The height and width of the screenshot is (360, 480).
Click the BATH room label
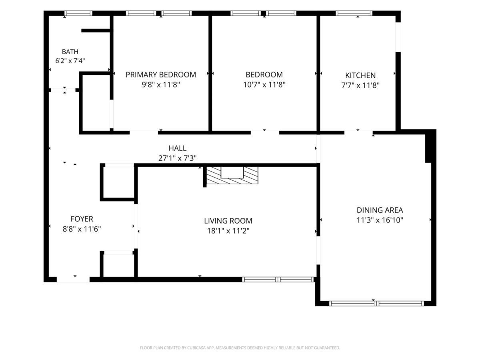70,52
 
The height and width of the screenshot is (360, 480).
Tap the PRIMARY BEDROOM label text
161,75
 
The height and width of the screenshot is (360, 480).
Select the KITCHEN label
360,76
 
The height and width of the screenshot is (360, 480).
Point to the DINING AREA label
380,210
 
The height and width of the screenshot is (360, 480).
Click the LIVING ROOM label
228,221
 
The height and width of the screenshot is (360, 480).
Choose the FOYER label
82,219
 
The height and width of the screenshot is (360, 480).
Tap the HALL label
177,148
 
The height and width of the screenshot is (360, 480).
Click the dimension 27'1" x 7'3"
177,158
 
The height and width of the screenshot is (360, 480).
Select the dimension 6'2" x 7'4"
70,60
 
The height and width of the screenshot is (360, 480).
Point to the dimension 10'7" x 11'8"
264,84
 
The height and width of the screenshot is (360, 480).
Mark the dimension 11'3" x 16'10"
380,220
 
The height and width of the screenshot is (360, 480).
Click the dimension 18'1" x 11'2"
228,231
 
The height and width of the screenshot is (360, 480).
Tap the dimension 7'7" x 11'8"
360,85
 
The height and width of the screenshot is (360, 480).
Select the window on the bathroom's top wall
78,13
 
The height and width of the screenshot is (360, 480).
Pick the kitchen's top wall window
354,13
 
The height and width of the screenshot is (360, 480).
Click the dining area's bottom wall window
376,304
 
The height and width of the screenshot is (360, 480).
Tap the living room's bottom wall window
278,279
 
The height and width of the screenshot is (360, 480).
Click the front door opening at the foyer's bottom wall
73,279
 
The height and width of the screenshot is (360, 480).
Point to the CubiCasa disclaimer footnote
240,348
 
